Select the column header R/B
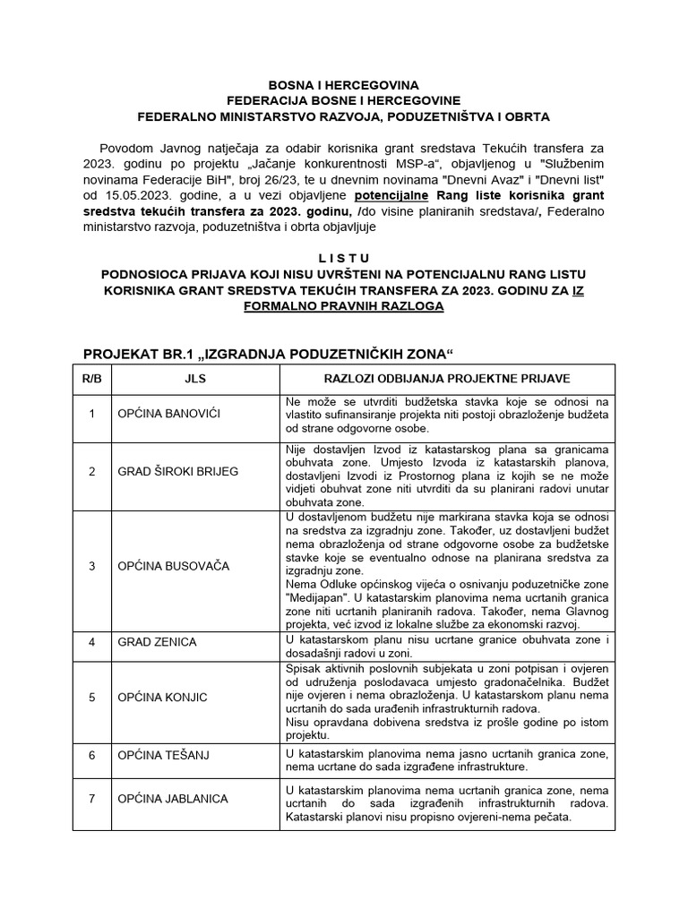tap(91, 379)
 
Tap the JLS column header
tap(194, 379)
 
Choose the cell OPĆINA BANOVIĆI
tap(169, 415)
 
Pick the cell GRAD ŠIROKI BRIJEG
tap(177, 471)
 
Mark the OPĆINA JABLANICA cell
tap(172, 798)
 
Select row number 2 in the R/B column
tap(91, 471)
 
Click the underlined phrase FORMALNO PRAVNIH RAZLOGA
tap(343, 305)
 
